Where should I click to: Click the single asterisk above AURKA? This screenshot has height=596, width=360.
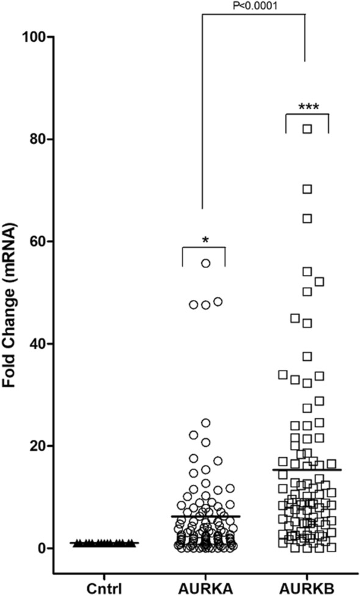(206, 240)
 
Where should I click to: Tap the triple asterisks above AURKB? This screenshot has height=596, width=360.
(308, 107)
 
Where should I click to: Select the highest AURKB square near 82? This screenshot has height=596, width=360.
(308, 129)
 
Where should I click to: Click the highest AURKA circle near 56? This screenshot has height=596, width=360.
(206, 263)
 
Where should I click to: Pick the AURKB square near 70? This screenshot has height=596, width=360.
(308, 189)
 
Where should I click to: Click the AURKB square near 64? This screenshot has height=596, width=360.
(308, 218)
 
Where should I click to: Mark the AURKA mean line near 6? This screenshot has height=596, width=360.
(206, 516)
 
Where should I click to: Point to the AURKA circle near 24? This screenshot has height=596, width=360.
(206, 423)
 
